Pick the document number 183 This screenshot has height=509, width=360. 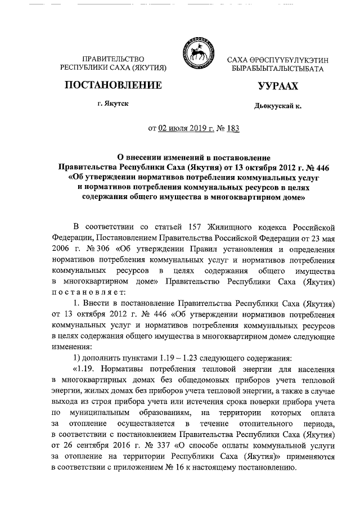coord(232,128)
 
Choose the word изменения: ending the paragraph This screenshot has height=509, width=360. coord(69,347)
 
